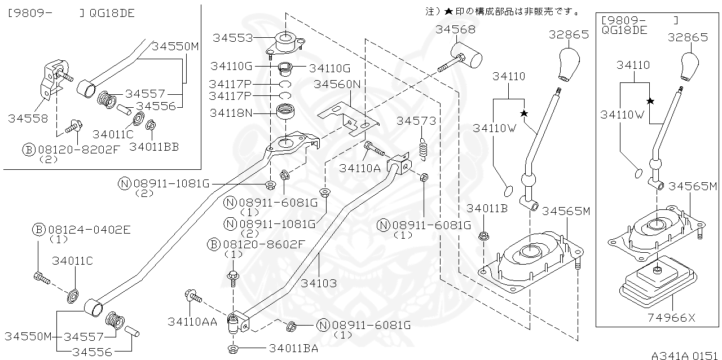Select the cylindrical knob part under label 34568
pos(469,58)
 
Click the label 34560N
pos(337,84)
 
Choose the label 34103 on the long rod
pos(319,283)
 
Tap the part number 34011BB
pos(154,147)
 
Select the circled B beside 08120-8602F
pos(213,244)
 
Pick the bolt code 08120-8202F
pos(79,150)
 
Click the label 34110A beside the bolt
pos(360,168)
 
